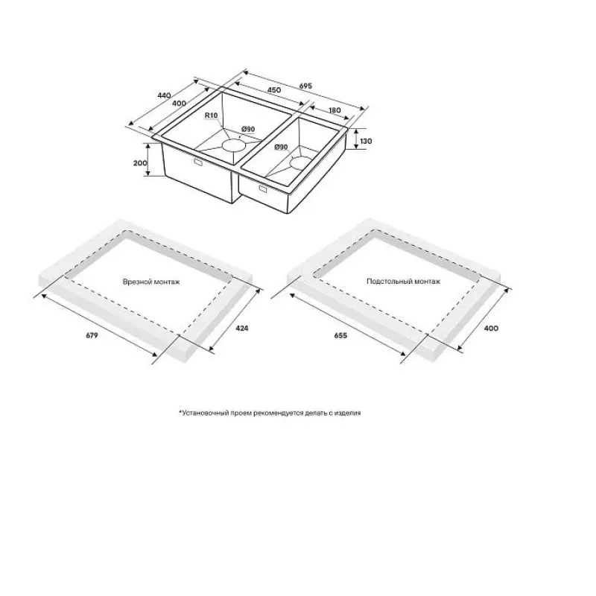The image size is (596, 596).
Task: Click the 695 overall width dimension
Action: [x=305, y=86]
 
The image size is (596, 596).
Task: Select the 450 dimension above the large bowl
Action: [x=274, y=89]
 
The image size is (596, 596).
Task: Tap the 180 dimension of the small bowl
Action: [x=335, y=110]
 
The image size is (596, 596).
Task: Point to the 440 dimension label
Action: [x=164, y=95]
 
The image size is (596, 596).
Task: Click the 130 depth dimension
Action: [x=366, y=141]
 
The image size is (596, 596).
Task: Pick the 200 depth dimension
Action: [x=140, y=163]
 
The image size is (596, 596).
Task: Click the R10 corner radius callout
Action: [x=211, y=115]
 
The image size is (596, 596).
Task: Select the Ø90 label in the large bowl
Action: [x=248, y=130]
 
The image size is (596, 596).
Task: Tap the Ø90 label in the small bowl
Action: [x=281, y=147]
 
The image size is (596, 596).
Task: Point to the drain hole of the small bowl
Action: [x=299, y=162]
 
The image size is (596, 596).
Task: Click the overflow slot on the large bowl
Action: [x=198, y=162]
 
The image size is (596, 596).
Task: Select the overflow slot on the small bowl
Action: [x=263, y=188]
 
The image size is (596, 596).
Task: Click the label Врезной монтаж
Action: [x=151, y=282]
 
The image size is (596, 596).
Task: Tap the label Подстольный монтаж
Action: [x=403, y=282]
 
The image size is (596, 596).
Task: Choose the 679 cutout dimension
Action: [x=92, y=335]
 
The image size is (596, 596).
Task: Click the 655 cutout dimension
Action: [x=340, y=335]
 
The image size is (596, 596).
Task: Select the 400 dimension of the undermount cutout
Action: [x=491, y=328]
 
